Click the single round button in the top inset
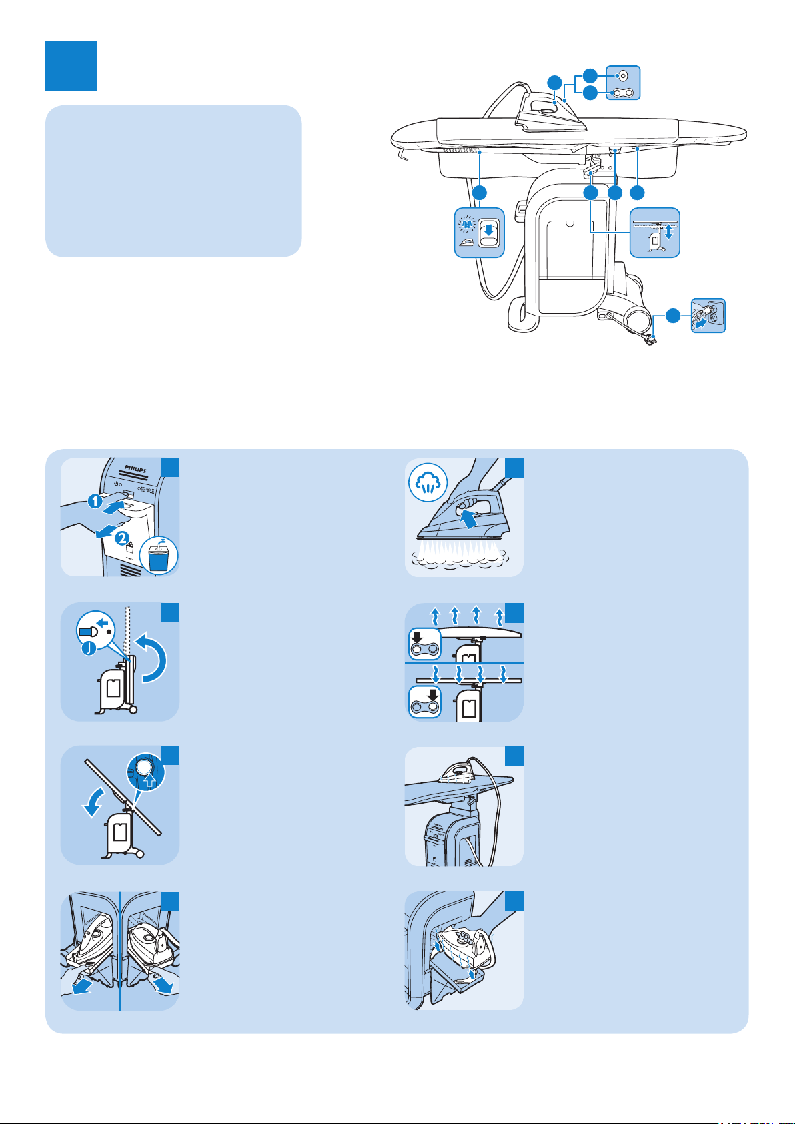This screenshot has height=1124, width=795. click(623, 75)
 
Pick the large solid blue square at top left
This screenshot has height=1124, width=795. click(71, 66)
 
